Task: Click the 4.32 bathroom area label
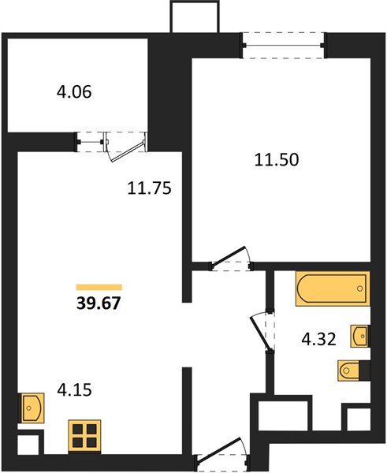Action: click(320, 341)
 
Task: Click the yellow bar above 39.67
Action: click(99, 287)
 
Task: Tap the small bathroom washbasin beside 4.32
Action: click(362, 336)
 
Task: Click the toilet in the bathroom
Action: click(352, 370)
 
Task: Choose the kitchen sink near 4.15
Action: click(32, 408)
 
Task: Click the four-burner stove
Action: click(85, 435)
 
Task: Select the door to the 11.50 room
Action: click(229, 259)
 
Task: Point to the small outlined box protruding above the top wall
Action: click(193, 17)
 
